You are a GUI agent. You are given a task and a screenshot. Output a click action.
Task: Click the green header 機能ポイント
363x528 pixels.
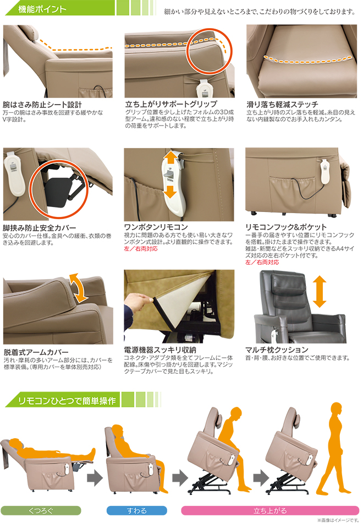[x=42, y=9]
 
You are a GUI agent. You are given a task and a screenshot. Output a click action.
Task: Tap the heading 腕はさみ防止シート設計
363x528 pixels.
[x=42, y=105]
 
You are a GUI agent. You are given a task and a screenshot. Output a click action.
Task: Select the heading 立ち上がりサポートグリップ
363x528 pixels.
[x=171, y=104]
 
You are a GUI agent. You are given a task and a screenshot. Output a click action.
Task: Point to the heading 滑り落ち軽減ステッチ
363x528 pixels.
[x=282, y=105]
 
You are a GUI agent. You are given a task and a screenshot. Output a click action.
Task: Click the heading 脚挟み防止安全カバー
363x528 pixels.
[x=39, y=228]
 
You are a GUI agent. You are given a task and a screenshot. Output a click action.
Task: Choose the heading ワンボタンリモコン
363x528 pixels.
[x=156, y=227]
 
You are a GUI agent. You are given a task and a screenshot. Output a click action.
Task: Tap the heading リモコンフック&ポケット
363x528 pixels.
[x=285, y=227]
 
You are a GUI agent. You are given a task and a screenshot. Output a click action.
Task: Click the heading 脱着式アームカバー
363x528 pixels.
[x=36, y=352]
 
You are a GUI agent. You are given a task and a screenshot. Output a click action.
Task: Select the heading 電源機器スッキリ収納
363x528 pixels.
[x=160, y=350]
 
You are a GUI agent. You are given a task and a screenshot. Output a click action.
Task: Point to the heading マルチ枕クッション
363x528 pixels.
[x=277, y=350]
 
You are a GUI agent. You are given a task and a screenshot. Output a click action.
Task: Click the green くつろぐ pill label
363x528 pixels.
[x=41, y=510]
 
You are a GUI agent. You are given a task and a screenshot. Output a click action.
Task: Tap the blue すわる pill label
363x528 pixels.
[x=136, y=510]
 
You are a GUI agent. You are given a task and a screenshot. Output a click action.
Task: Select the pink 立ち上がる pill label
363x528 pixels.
[x=270, y=510]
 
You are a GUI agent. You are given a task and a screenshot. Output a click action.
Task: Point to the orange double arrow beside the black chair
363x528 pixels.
[x=319, y=292]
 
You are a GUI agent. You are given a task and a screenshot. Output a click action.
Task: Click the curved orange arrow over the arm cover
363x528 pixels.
[x=79, y=287]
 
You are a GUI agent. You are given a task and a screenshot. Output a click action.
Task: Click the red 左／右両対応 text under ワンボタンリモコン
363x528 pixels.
[x=141, y=249]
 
